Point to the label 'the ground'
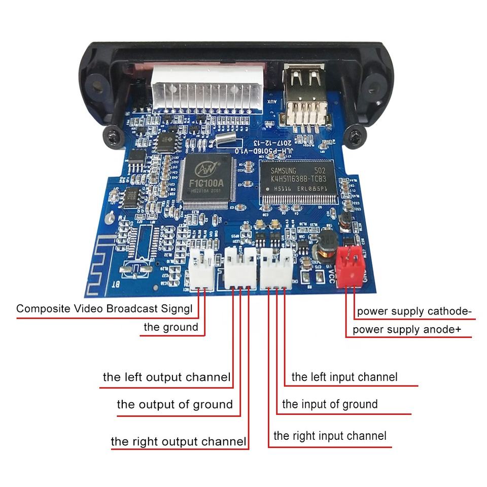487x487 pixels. pos(170,327)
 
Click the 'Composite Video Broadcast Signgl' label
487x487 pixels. pos(105,308)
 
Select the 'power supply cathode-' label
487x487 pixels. pos(414,311)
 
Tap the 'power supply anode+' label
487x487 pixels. pos(407,330)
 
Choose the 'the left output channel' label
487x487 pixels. pos(166,377)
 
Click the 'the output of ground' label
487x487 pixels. pos(175,404)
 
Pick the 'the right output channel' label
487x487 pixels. pos(179,441)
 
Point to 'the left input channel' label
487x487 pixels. pos(344,377)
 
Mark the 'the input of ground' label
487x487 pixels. pos(330,404)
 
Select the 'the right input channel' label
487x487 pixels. pos(330,436)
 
